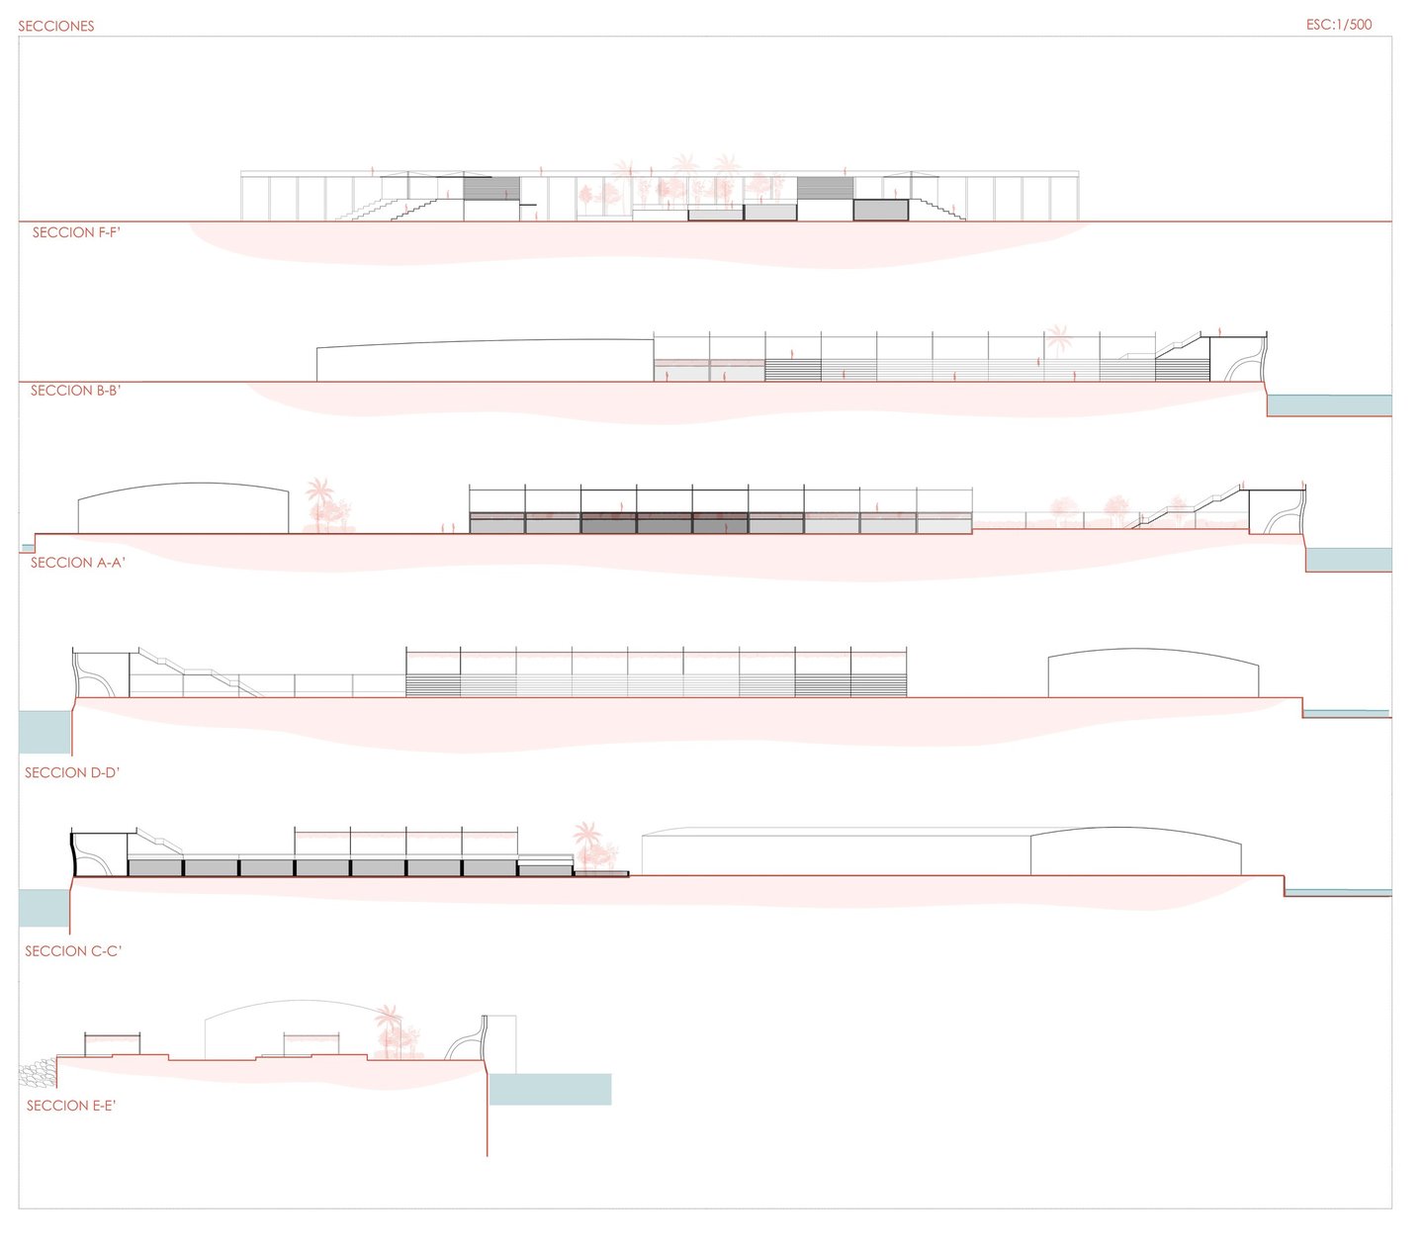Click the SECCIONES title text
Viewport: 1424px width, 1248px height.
[x=56, y=26]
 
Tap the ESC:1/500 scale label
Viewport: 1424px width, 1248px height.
[x=1338, y=25]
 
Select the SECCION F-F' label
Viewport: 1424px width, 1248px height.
[x=76, y=232]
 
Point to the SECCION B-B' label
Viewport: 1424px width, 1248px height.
[x=75, y=391]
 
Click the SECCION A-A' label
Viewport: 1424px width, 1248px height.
[x=77, y=563]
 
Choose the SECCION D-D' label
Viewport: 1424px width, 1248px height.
[x=72, y=772]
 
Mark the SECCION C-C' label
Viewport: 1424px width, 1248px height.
[x=73, y=950]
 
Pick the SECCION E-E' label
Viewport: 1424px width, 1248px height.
[x=71, y=1106]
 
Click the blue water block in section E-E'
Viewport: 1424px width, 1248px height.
[x=550, y=1089]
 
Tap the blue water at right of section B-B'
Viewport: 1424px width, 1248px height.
[x=1329, y=405]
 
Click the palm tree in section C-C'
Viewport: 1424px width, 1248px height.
[x=587, y=843]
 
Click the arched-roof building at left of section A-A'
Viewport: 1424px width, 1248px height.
[x=183, y=509]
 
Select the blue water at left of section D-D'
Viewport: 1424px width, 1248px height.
[x=44, y=732]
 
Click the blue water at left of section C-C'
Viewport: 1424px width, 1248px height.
[x=44, y=908]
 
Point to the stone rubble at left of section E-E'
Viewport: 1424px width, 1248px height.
[x=37, y=1074]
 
